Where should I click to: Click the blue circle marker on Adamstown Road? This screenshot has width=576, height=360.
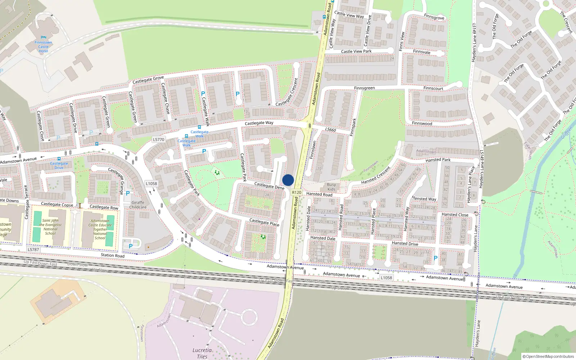pyautogui.click(x=288, y=180)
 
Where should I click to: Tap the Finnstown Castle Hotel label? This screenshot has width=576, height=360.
pyautogui.click(x=43, y=47)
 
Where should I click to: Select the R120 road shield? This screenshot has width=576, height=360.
pyautogui.click(x=297, y=193)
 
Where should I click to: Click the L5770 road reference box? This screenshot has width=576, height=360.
pyautogui.click(x=158, y=140)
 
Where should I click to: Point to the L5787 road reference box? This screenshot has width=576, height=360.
pyautogui.click(x=33, y=249)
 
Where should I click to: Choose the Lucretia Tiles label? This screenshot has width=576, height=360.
pyautogui.click(x=202, y=353)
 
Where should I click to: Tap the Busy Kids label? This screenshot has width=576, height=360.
pyautogui.click(x=331, y=187)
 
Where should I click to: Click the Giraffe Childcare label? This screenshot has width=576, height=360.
pyautogui.click(x=138, y=205)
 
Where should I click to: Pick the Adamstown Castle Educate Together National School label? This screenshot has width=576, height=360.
pyautogui.click(x=100, y=229)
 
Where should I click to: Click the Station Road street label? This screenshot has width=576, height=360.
pyautogui.click(x=113, y=255)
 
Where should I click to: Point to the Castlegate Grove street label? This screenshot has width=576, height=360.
pyautogui.click(x=148, y=80)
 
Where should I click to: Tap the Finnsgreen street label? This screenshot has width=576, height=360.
pyautogui.click(x=364, y=88)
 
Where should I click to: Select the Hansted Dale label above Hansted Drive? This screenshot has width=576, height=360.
pyautogui.click(x=323, y=238)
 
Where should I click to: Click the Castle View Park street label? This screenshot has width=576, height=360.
pyautogui.click(x=356, y=51)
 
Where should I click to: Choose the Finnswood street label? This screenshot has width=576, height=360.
pyautogui.click(x=422, y=123)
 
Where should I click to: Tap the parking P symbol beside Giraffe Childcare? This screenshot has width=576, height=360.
pyautogui.click(x=128, y=193)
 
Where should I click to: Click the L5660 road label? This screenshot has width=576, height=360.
pyautogui.click(x=330, y=130)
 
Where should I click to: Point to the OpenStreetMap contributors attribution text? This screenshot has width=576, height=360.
pyautogui.click(x=548, y=356)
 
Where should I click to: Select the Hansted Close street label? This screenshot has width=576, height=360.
pyautogui.click(x=455, y=215)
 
